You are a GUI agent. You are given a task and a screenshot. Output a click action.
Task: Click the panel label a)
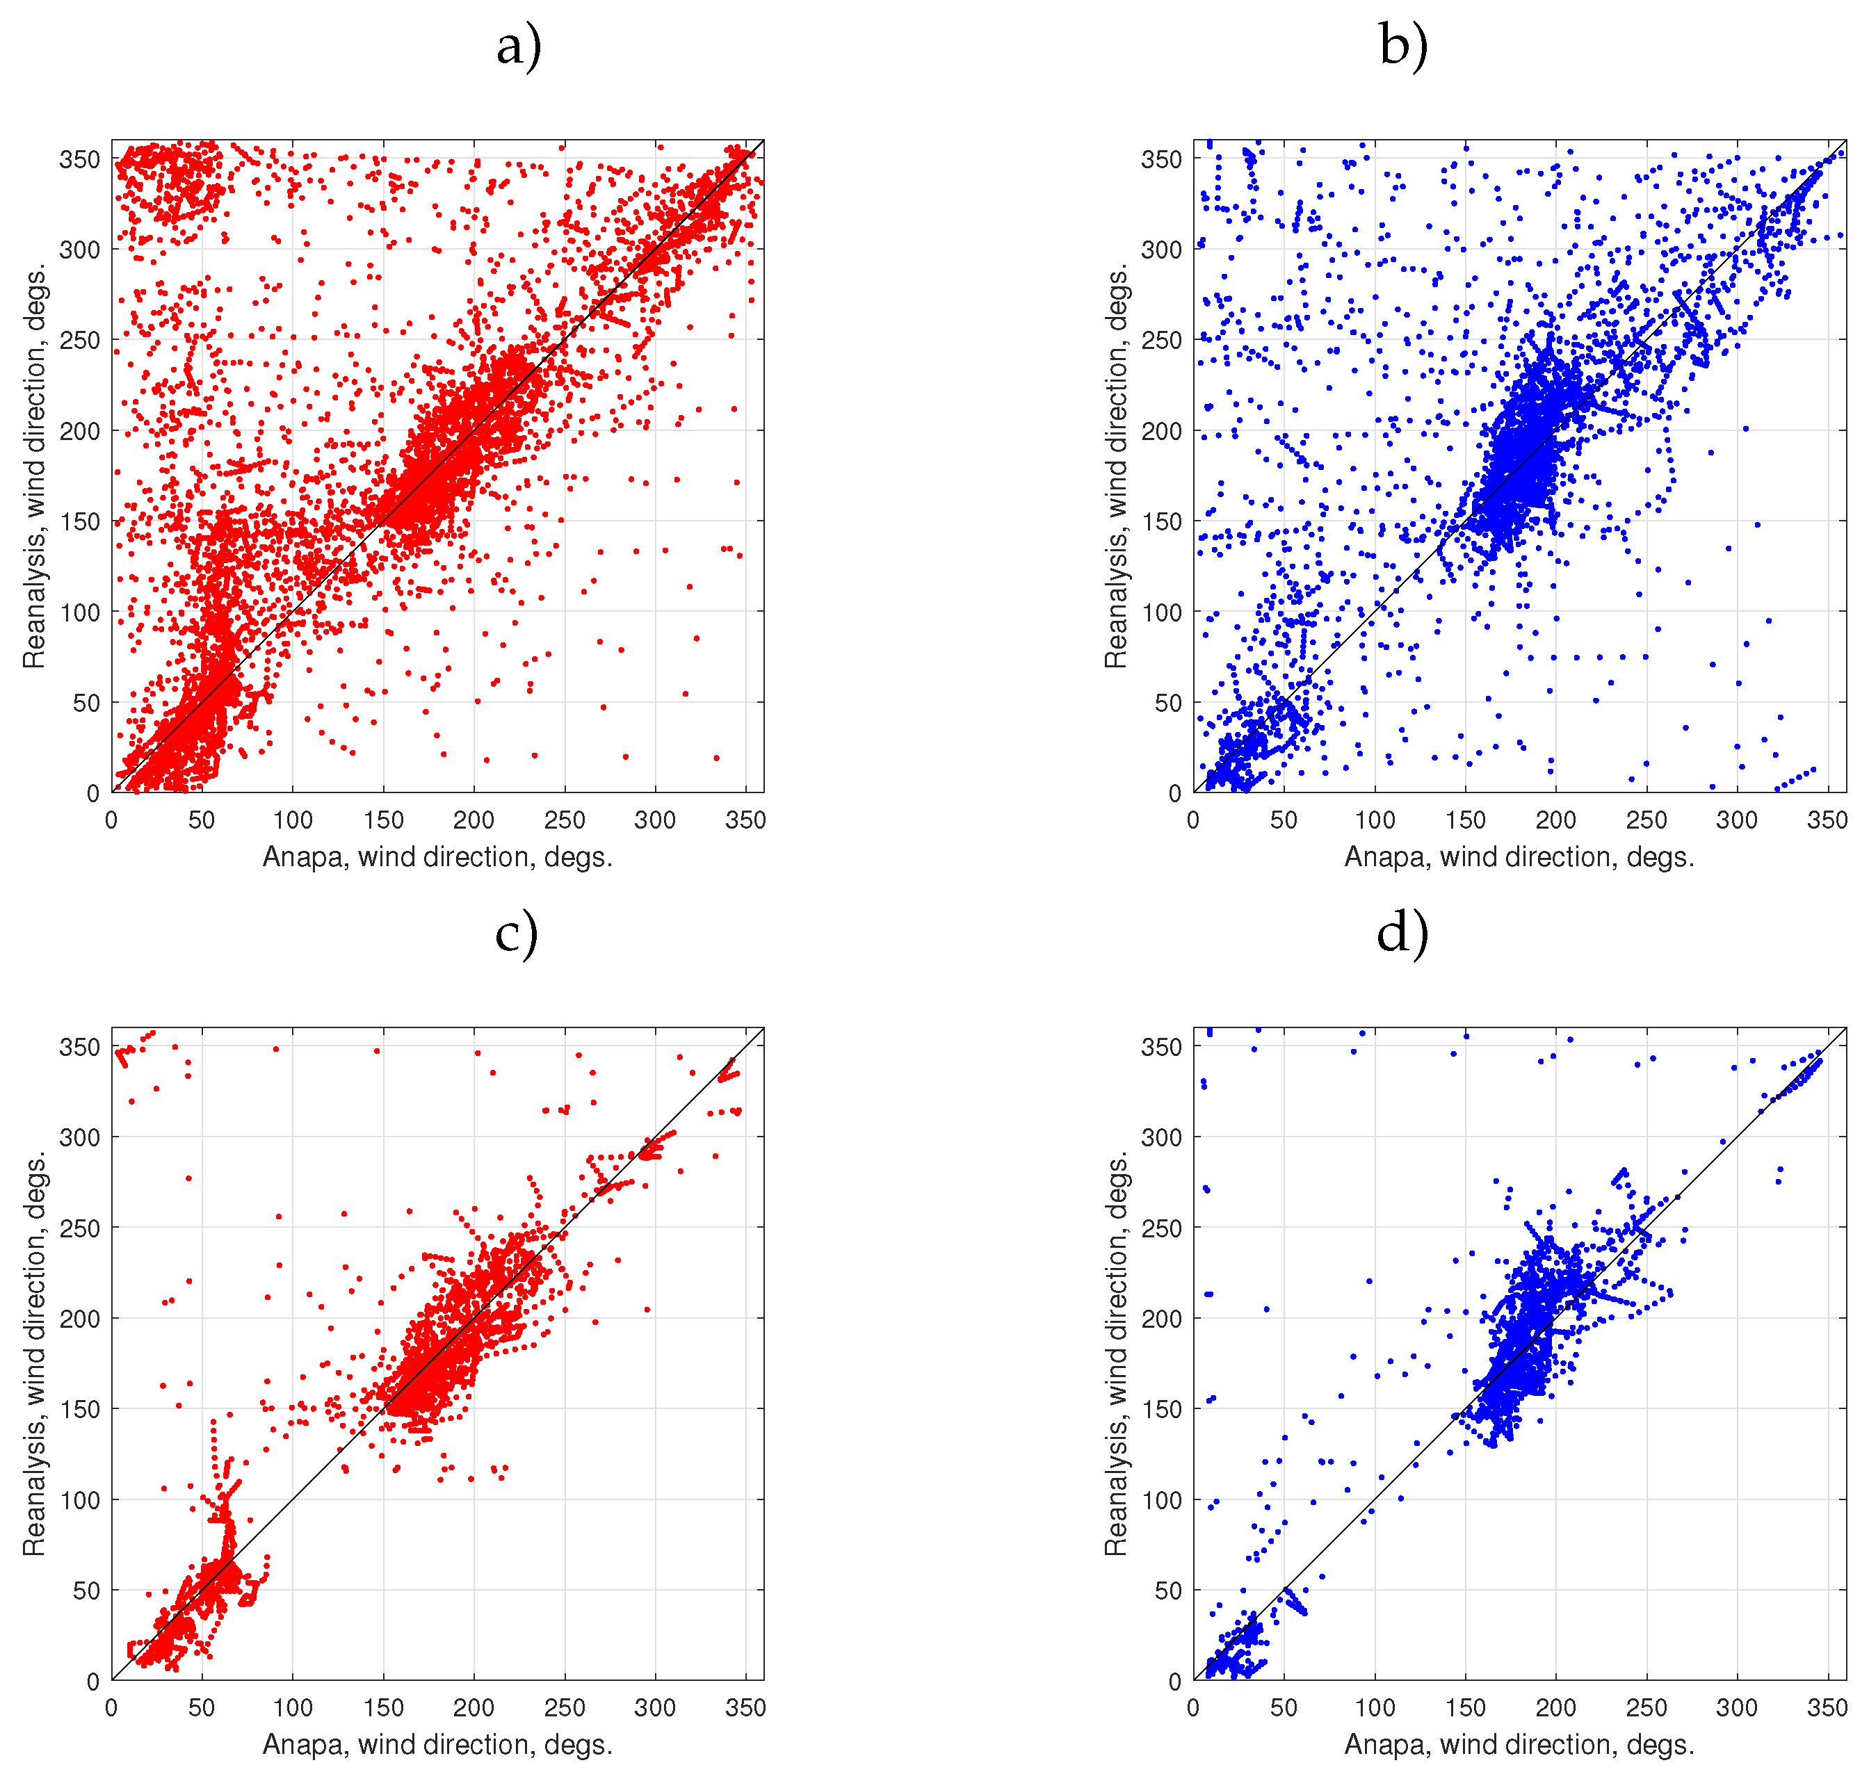(519, 46)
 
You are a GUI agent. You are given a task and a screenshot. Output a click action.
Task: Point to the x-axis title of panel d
(1519, 1744)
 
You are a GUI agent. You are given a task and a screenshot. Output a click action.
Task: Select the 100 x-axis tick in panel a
(293, 820)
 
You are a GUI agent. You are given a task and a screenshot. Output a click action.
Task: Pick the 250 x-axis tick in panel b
(1646, 820)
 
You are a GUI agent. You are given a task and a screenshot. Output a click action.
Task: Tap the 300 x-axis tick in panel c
(654, 1708)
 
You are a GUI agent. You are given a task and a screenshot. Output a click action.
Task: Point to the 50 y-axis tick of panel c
(86, 1591)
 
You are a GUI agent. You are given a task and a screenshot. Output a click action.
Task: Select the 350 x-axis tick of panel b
(1827, 820)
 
